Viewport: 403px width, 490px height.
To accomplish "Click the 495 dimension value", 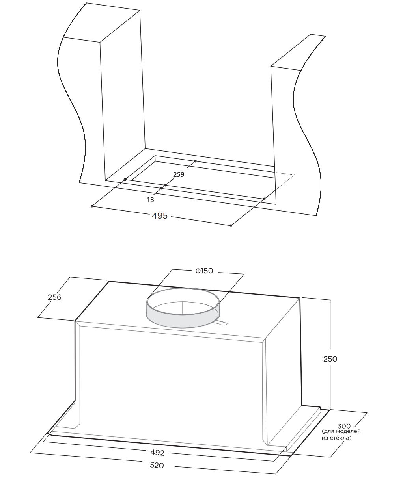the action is pos(160,216).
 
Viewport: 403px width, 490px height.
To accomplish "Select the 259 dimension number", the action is pos(179,174).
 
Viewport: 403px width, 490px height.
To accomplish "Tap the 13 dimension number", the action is pos(151,200).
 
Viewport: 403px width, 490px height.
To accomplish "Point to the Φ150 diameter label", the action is pos(204,271).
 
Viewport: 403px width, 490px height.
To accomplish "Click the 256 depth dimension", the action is pos(54,297).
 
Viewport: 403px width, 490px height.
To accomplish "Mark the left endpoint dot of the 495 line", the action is pos(92,206).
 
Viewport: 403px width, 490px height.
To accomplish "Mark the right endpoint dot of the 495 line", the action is pos(231,225).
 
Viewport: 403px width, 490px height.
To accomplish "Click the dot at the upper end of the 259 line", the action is pos(195,161).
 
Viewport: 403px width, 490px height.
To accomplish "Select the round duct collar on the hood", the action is pos(183,308).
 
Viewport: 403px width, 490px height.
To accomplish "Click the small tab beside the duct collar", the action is pos(222,323).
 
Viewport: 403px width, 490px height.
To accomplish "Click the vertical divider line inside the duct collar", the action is pos(183,308).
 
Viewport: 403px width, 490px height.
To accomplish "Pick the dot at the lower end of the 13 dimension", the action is pos(162,188).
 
